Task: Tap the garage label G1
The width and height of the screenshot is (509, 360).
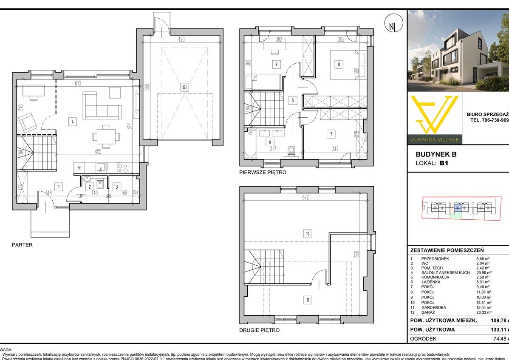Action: point(185,88)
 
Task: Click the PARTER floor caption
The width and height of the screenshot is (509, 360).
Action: point(23,245)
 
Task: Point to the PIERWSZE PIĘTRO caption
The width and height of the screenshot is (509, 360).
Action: point(262,173)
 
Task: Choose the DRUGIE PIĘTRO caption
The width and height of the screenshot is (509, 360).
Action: point(259,330)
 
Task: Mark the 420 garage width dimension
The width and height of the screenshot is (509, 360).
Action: point(181,40)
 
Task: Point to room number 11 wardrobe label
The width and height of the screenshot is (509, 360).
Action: point(307,300)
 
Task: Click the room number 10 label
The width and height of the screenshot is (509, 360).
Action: point(307,233)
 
